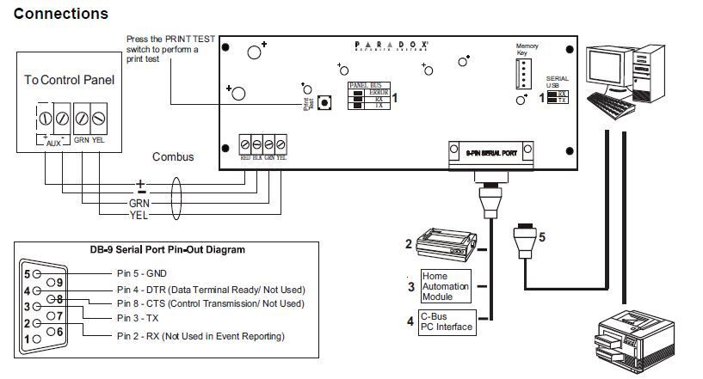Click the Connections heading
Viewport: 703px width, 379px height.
(61, 14)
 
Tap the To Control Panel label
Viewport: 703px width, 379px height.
(69, 80)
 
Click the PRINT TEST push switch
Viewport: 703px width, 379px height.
(324, 103)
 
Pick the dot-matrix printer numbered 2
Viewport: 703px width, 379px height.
(446, 245)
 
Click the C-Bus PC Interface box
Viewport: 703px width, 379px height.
(446, 321)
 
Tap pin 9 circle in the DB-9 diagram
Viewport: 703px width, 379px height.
(57, 281)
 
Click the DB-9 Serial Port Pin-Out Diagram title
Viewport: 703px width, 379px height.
(167, 250)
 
